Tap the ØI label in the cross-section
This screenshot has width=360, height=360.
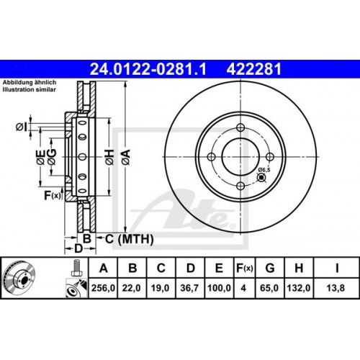click(x=21, y=127)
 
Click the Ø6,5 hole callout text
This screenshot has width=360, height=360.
click(x=264, y=170)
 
